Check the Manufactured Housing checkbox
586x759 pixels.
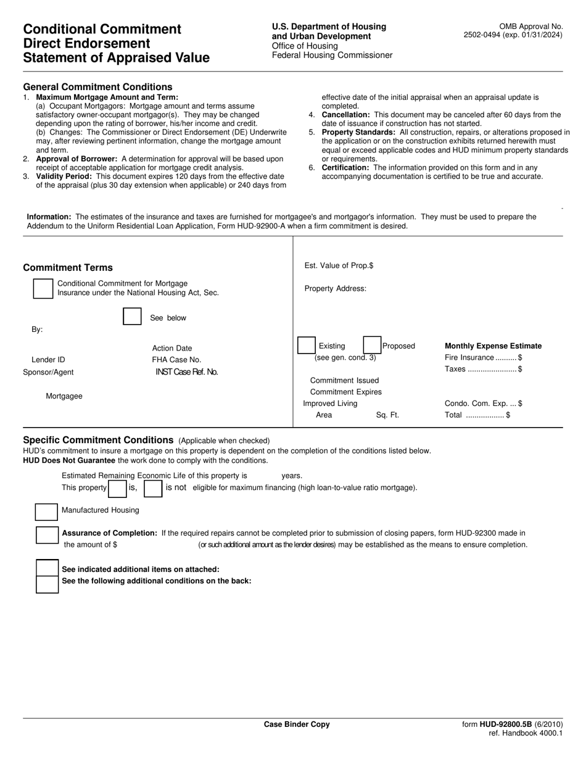pos(47,512)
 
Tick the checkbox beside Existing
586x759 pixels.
pos(306,346)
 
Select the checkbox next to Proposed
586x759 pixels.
pos(371,346)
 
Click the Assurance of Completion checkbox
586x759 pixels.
pos(47,535)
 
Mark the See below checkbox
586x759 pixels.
pos(132,317)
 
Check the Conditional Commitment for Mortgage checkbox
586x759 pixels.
pos(43,289)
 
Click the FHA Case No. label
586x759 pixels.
pos(176,360)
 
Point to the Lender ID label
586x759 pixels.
pos(48,360)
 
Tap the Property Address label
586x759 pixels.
pos(335,288)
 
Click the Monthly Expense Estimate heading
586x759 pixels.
pos(493,346)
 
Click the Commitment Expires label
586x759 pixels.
pos(345,392)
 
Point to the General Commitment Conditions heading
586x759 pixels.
pos(97,87)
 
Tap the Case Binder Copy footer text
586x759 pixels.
pos(297,724)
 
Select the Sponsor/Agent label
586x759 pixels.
pos(48,372)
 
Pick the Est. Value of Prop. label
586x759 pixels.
pos(339,265)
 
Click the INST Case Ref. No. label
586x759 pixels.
pos(186,372)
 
